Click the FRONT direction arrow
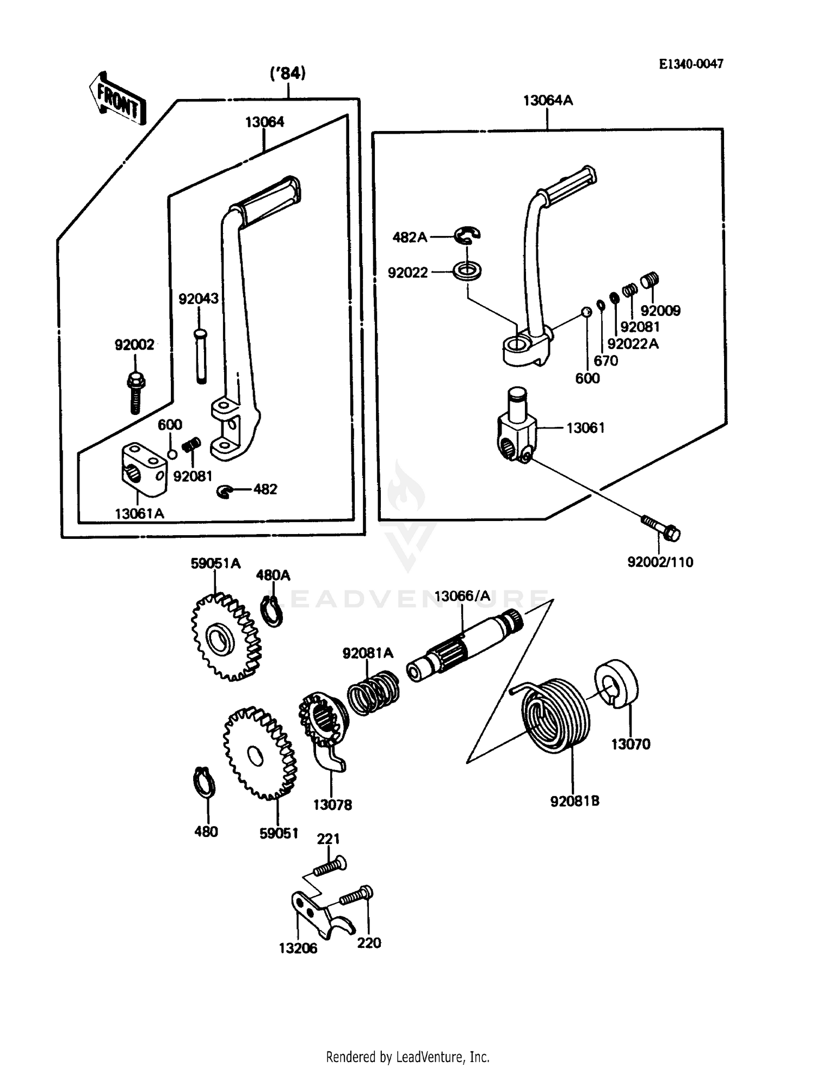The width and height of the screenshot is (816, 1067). tap(118, 98)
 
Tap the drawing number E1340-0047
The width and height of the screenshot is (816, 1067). tap(691, 64)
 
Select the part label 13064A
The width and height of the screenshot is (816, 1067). tap(548, 101)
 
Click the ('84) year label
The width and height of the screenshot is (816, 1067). tap(288, 73)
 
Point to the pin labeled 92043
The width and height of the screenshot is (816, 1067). tap(201, 356)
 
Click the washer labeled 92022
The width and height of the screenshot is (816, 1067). tap(468, 270)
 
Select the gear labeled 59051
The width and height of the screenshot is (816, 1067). tap(259, 753)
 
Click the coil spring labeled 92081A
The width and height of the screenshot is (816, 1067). tap(373, 692)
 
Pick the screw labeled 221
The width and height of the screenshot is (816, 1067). tap(329, 865)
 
